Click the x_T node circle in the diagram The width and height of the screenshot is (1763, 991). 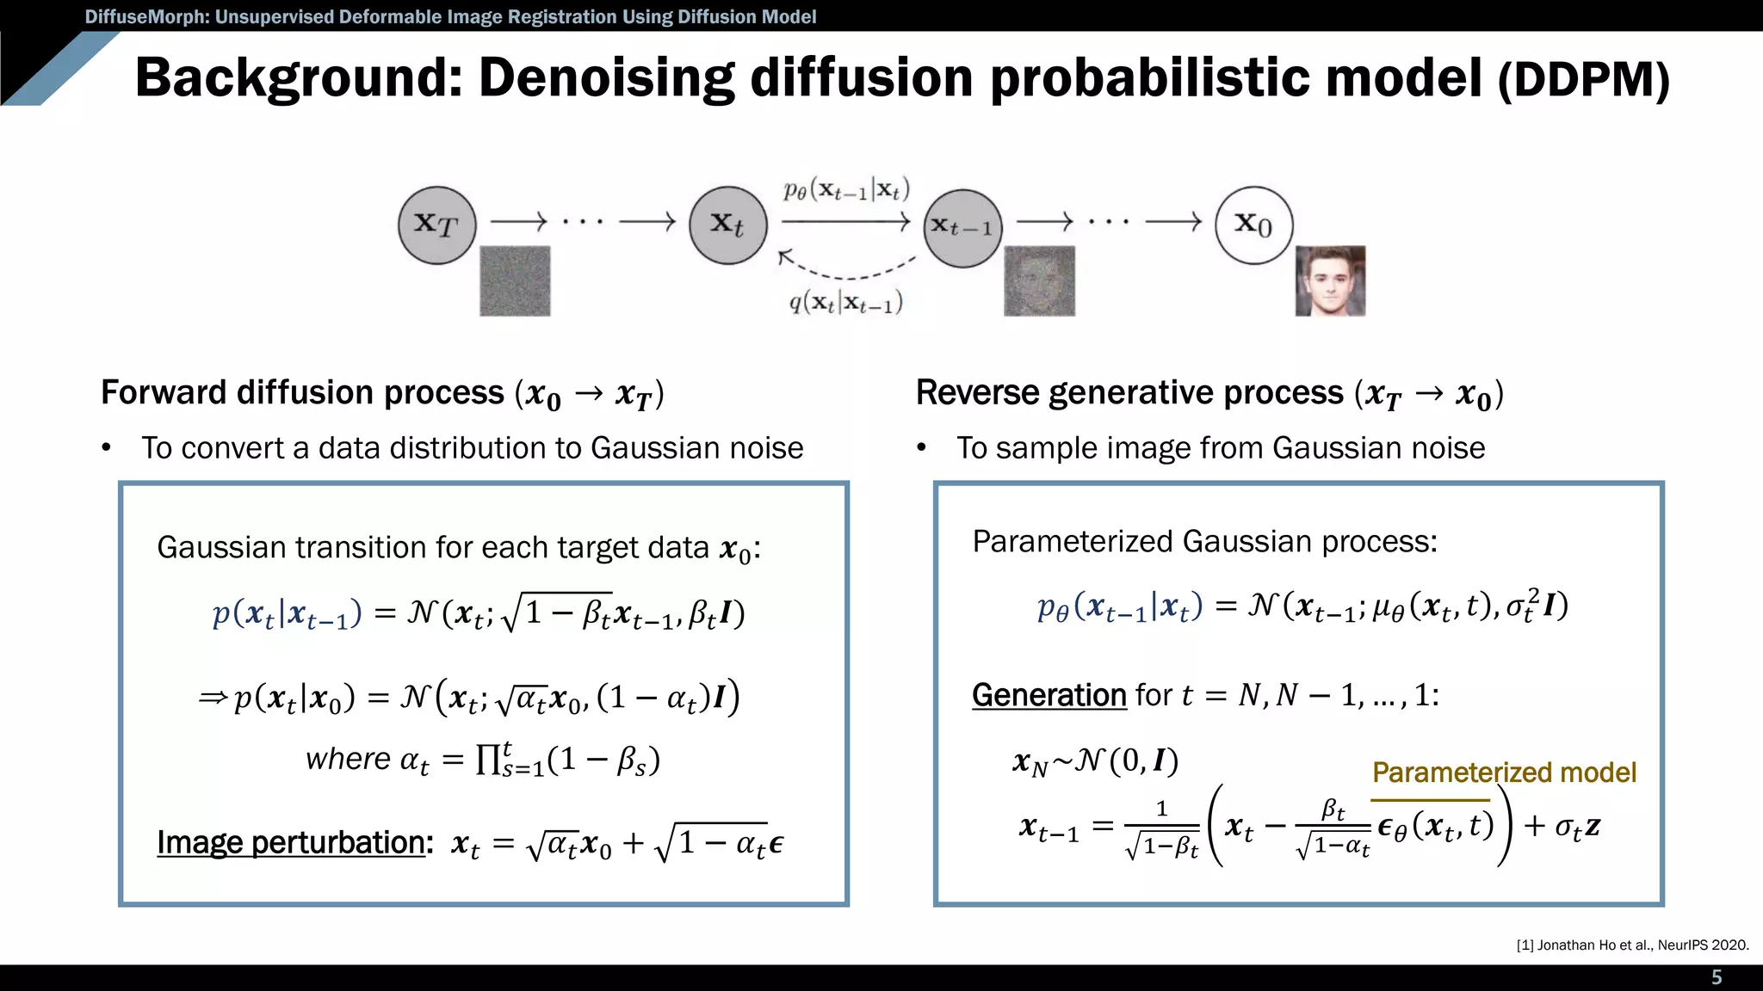437,225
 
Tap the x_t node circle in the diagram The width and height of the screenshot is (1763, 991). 727,225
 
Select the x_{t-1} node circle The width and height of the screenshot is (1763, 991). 963,228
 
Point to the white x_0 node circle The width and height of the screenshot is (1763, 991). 1253,225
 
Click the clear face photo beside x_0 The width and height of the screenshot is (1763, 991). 1330,281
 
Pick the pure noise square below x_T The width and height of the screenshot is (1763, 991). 515,281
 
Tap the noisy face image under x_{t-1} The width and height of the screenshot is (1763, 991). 1039,281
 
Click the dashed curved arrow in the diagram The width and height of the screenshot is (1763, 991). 848,268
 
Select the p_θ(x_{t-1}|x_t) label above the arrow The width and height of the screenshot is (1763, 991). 846,190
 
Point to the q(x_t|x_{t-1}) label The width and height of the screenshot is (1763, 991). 846,303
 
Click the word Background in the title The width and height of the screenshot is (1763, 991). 290,77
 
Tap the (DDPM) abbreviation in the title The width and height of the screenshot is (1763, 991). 1583,81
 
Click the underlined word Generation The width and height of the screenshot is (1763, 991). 1049,694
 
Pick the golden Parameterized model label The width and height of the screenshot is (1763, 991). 1504,772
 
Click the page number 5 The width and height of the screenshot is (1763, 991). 1717,977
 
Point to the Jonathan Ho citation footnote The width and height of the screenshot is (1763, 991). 1632,945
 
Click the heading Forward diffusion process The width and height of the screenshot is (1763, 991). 302,392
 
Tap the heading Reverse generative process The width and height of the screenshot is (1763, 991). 1129,392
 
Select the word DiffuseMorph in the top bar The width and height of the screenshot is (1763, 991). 141,16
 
